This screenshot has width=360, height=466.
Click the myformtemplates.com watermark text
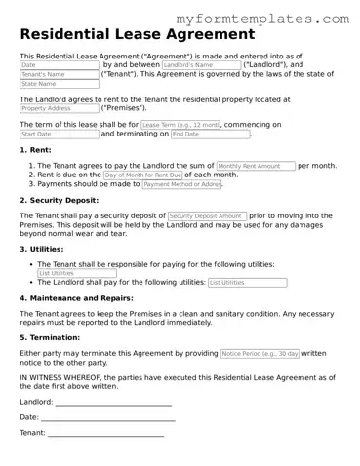pos(276,19)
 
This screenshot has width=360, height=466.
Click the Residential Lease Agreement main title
pos(131,35)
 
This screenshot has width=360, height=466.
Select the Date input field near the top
pos(59,65)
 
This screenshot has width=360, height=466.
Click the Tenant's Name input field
pos(59,74)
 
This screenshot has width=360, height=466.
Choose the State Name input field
pos(59,84)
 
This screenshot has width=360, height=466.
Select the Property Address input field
pos(59,108)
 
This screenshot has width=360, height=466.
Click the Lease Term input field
pos(180,125)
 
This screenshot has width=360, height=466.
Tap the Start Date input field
pos(59,135)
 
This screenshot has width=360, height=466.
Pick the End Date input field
pos(198,135)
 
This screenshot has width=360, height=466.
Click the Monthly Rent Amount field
pos(255,166)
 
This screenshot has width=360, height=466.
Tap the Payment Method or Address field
pos(182,184)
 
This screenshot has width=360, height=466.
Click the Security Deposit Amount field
pos(206,215)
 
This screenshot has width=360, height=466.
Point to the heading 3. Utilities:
pos(43,249)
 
